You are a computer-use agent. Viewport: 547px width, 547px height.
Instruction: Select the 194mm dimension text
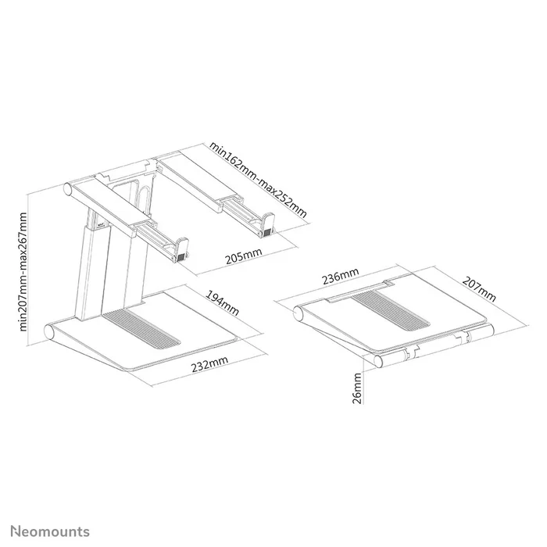click(223, 304)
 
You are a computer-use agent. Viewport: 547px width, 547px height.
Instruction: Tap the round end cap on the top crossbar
click(69, 190)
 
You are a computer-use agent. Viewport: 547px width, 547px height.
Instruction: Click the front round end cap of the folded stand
click(380, 359)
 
